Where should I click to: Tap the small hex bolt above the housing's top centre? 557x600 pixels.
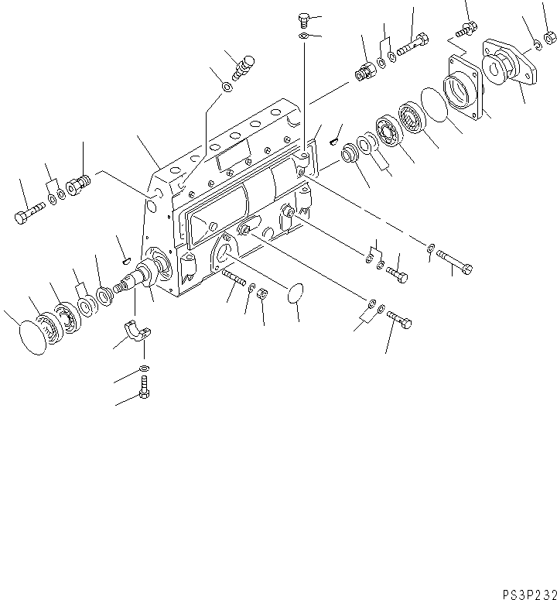pyautogui.click(x=304, y=19)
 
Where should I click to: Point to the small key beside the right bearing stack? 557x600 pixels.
pyautogui.click(x=333, y=140)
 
